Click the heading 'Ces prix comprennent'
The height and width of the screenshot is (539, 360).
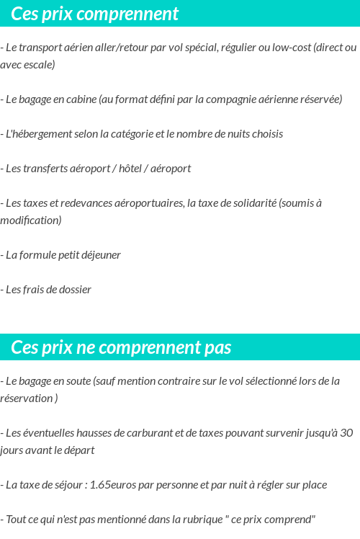pos(95,14)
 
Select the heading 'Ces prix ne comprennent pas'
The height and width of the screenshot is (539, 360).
pos(121,347)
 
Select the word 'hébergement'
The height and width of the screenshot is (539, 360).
pos(42,134)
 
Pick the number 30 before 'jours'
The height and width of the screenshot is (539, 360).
pos(346,433)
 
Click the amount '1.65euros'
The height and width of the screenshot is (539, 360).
pos(113,485)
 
